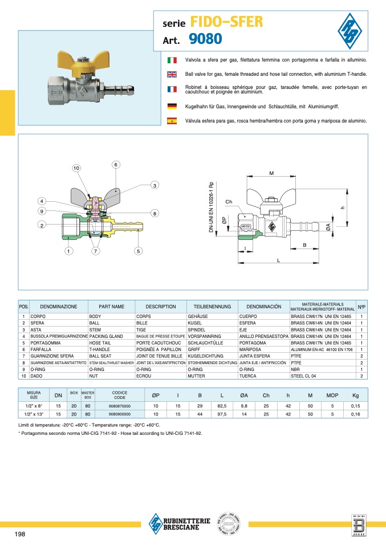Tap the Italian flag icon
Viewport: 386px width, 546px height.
[172, 60]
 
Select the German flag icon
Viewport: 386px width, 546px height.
[172, 106]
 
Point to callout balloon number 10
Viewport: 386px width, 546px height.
[76, 168]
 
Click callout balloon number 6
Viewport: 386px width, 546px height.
[115, 164]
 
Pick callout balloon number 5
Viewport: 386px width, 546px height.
[138, 251]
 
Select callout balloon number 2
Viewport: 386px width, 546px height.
[42, 225]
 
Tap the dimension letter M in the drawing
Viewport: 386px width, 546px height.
[271, 173]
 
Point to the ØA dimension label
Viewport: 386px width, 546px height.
[329, 227]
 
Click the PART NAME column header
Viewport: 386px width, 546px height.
[111, 307]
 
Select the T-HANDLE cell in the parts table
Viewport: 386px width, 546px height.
[100, 351]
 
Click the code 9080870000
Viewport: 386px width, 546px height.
[119, 406]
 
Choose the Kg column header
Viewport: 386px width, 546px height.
[356, 395]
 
